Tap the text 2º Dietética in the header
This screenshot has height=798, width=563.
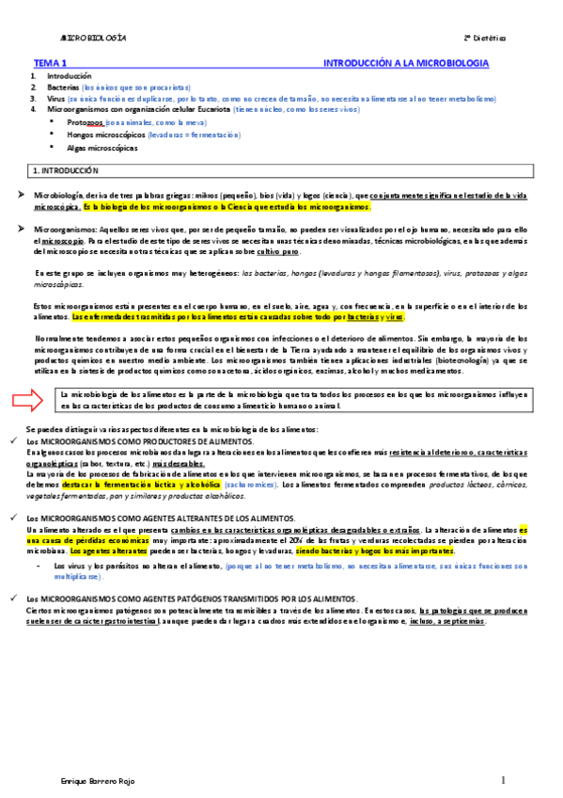tap(484, 38)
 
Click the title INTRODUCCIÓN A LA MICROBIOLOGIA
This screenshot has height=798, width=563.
tap(405, 62)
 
